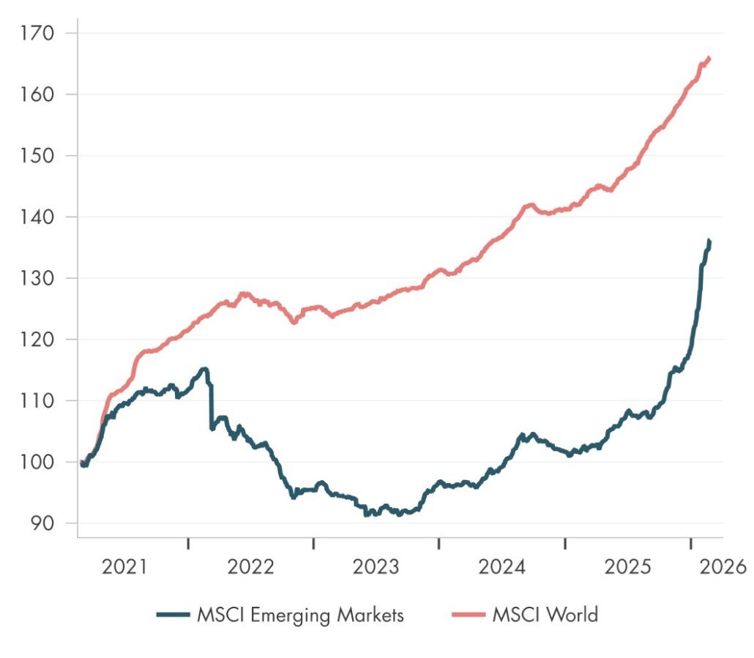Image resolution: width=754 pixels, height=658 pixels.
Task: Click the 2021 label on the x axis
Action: pyautogui.click(x=125, y=567)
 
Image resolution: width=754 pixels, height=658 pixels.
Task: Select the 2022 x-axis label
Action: pyautogui.click(x=251, y=567)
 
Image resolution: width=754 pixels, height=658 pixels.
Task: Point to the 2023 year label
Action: pyautogui.click(x=376, y=567)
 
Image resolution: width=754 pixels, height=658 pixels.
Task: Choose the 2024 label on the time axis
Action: pyautogui.click(x=502, y=567)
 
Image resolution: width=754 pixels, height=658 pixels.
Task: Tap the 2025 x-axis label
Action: pyautogui.click(x=628, y=567)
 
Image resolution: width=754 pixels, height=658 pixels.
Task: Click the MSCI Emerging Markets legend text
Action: pyautogui.click(x=300, y=615)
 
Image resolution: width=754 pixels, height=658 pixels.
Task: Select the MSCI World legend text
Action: pyautogui.click(x=545, y=615)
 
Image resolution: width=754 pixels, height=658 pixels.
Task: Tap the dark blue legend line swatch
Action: pyautogui.click(x=174, y=615)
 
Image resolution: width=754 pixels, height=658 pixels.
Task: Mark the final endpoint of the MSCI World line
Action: pyautogui.click(x=709, y=58)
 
